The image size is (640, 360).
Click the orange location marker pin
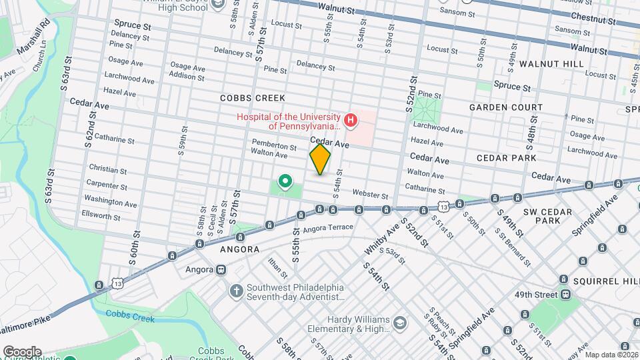click(320, 159)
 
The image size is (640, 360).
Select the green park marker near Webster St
click(285, 181)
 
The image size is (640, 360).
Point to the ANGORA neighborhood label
click(240, 249)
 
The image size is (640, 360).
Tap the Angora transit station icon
click(221, 270)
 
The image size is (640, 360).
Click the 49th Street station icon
click(565, 294)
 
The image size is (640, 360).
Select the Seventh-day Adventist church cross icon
click(235, 291)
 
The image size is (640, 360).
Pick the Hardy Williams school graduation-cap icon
click(399, 323)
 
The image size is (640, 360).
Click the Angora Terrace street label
click(327, 229)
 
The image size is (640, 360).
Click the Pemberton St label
click(274, 145)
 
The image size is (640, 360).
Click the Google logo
click(22, 351)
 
